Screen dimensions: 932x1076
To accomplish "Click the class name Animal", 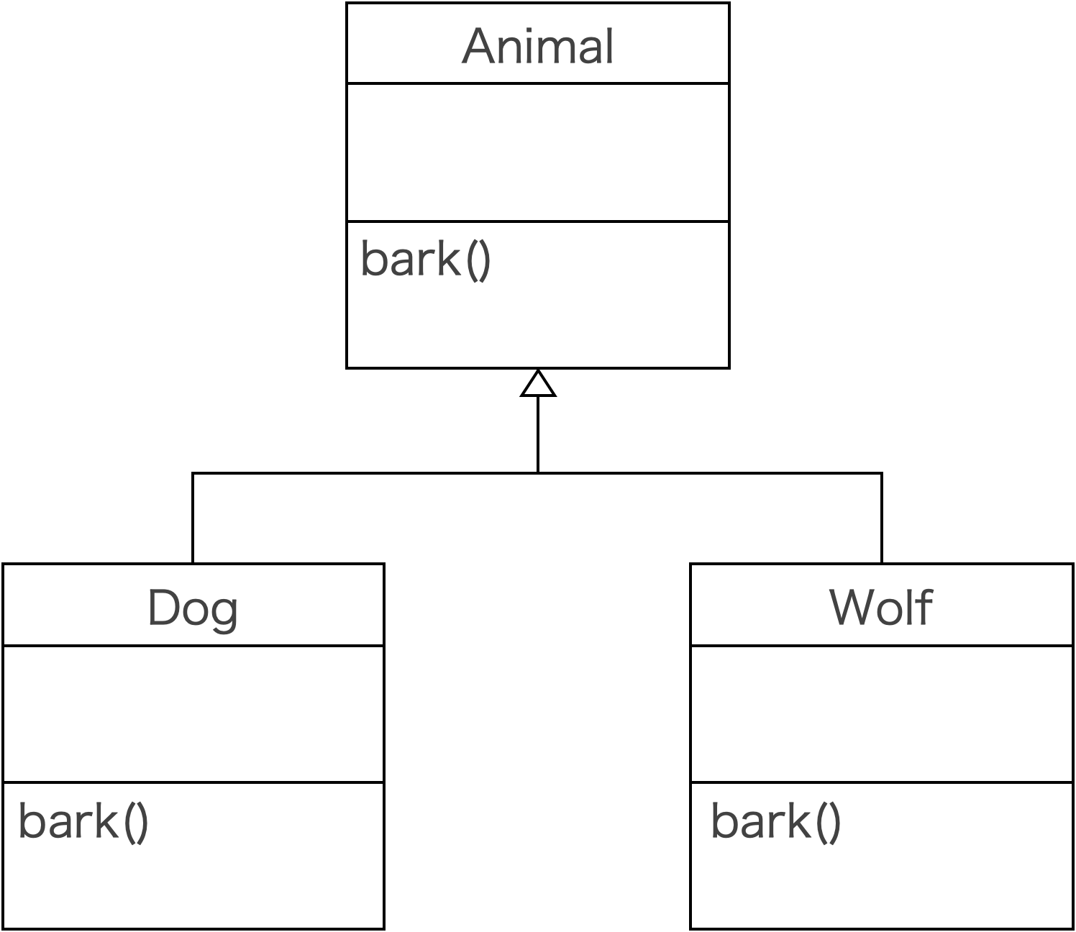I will (537, 46).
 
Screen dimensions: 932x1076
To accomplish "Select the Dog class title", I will (193, 608).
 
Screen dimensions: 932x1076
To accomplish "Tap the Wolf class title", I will (881, 608).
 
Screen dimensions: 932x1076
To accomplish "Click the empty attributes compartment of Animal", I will (537, 152).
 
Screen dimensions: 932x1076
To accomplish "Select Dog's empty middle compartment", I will (193, 713).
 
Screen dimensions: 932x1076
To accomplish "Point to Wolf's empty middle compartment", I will (881, 713).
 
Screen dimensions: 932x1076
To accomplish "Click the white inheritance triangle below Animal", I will (538, 385).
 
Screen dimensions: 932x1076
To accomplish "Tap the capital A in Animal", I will (480, 47).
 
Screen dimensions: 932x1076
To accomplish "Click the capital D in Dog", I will (163, 608).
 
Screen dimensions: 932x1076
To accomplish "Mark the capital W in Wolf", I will (854, 608).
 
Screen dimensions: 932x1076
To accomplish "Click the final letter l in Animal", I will (608, 45).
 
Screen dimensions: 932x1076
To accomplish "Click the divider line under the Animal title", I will (537, 83).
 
